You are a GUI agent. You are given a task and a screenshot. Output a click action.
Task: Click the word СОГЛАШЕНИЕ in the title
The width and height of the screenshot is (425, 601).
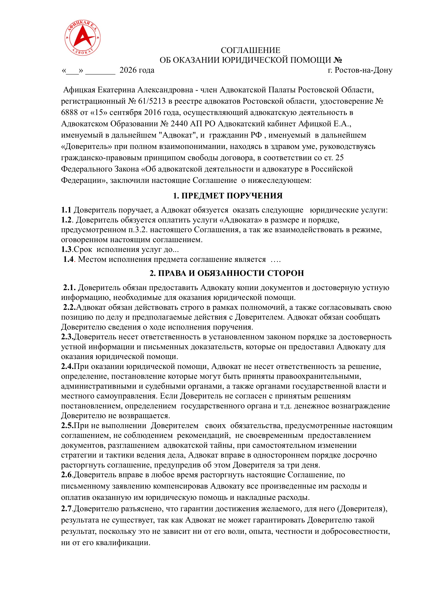[x=250, y=50]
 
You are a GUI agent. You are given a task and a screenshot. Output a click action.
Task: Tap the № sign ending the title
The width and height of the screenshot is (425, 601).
[x=338, y=60]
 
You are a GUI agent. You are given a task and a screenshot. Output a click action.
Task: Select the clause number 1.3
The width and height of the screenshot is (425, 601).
[x=66, y=250]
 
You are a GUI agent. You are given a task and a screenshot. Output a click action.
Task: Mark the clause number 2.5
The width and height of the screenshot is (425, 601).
[x=67, y=426]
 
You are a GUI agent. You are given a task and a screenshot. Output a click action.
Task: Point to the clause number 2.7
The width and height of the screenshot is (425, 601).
[x=66, y=509]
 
